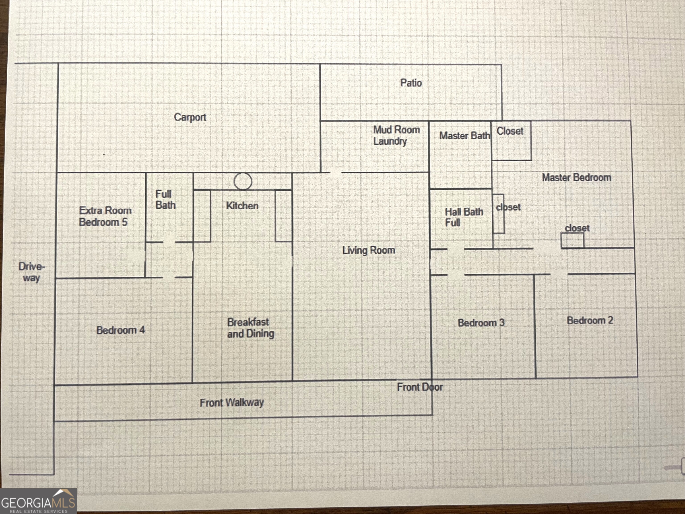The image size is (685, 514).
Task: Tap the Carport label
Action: [190, 117]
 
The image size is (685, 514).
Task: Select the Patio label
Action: [411, 83]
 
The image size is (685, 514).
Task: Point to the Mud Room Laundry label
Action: [396, 135]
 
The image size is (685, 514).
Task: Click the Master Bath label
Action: [464, 136]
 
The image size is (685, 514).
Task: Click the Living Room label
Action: [369, 250]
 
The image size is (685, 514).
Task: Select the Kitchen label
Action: [242, 206]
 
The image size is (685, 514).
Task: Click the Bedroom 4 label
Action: [120, 330]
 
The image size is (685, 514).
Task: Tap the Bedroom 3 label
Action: [481, 323]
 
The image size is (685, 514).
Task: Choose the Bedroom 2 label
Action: [590, 320]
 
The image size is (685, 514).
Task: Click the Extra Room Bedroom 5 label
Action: [105, 216]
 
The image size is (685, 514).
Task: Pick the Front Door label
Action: [420, 387]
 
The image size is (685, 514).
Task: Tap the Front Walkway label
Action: [232, 403]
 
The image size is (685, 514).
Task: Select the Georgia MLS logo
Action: [38, 501]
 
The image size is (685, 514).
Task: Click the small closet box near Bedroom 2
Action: [572, 240]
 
